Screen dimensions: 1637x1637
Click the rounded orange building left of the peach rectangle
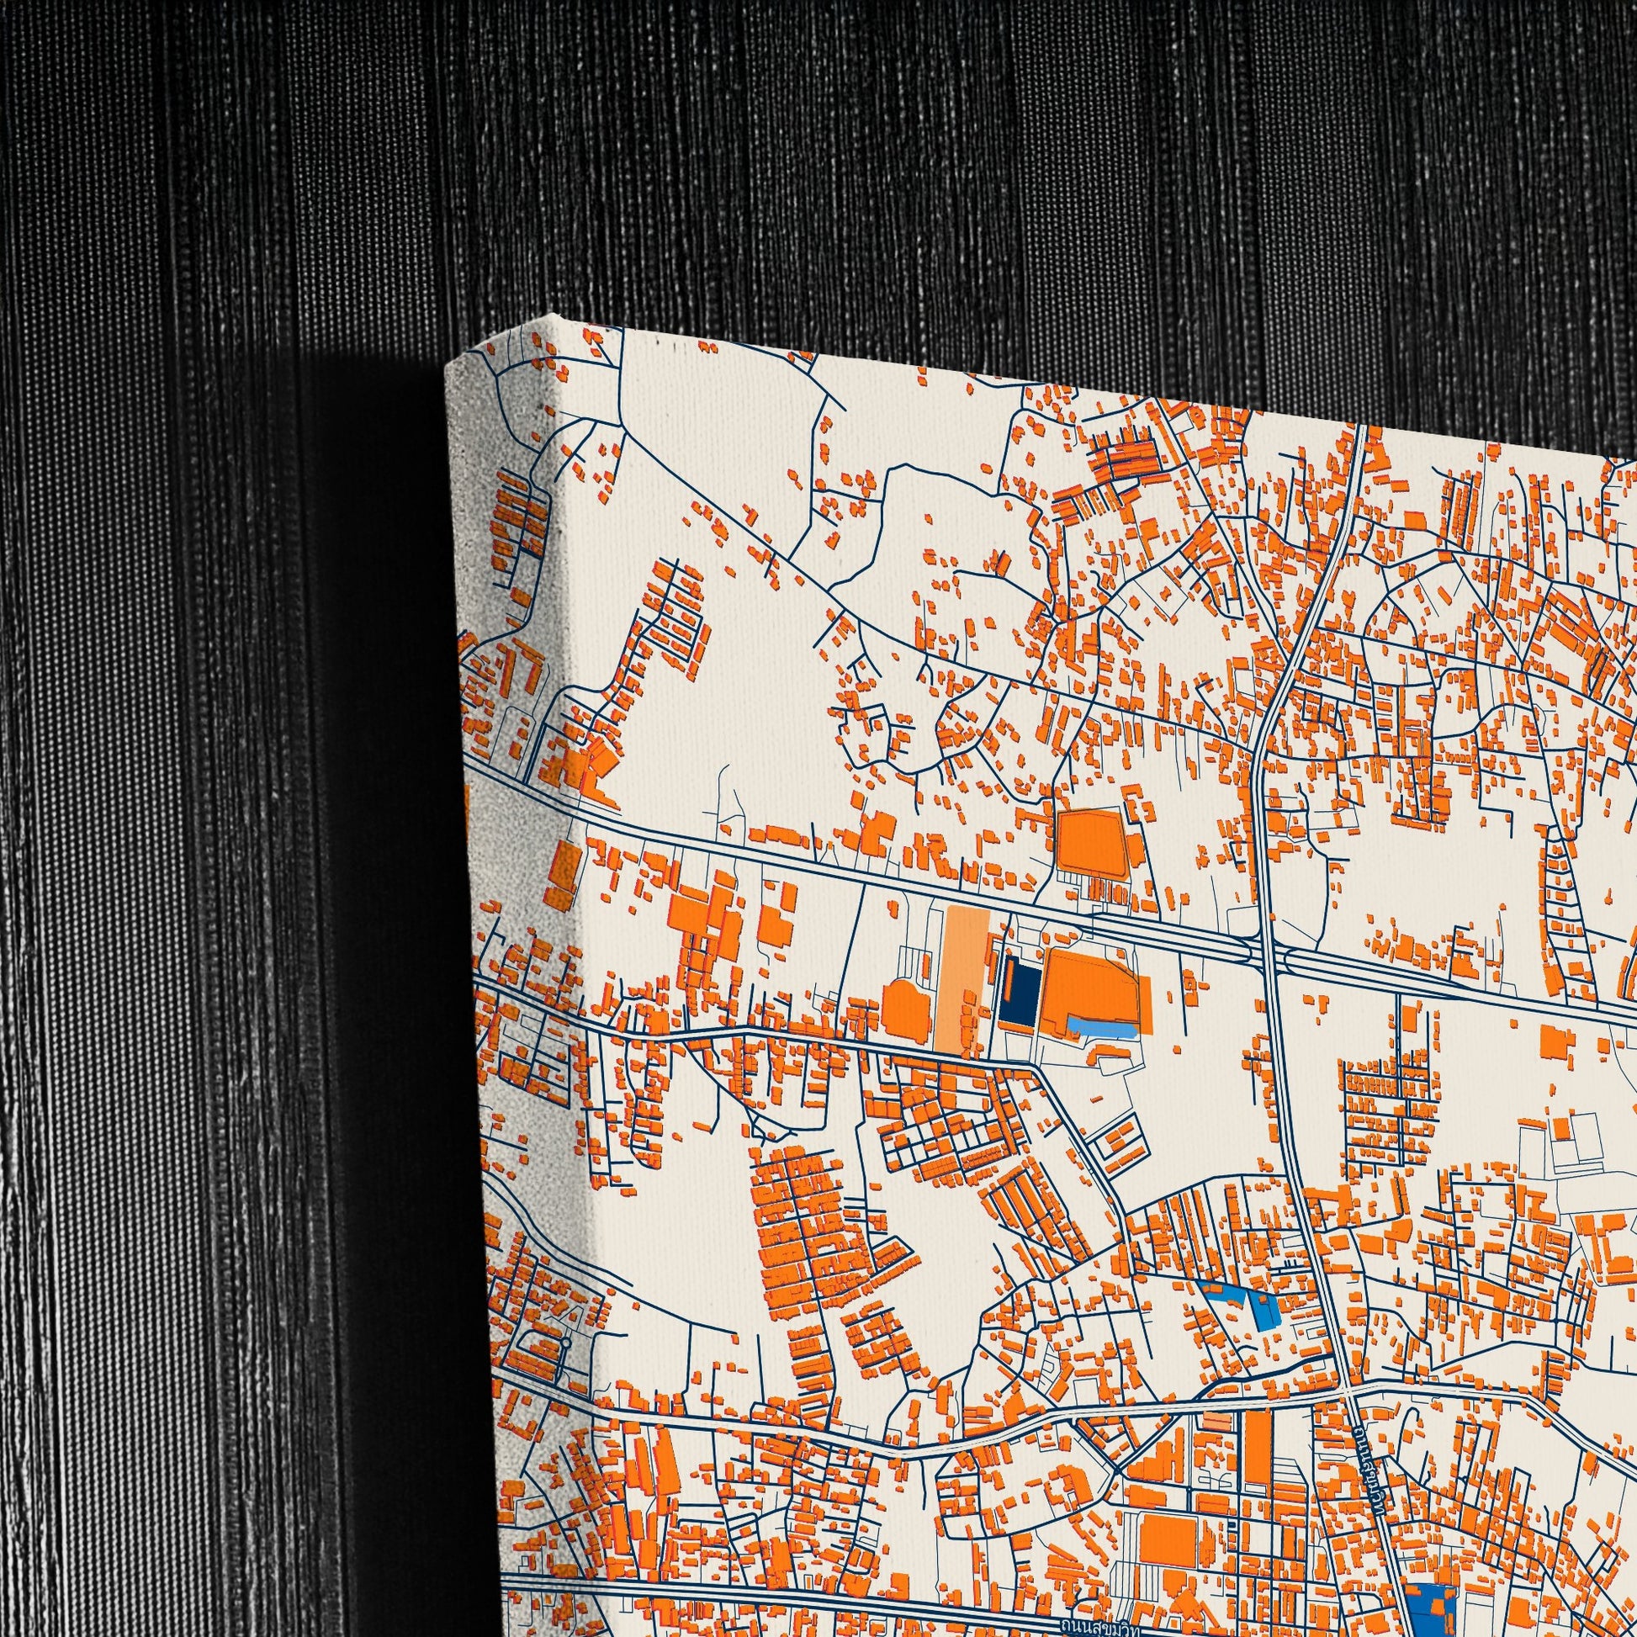(907, 1009)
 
